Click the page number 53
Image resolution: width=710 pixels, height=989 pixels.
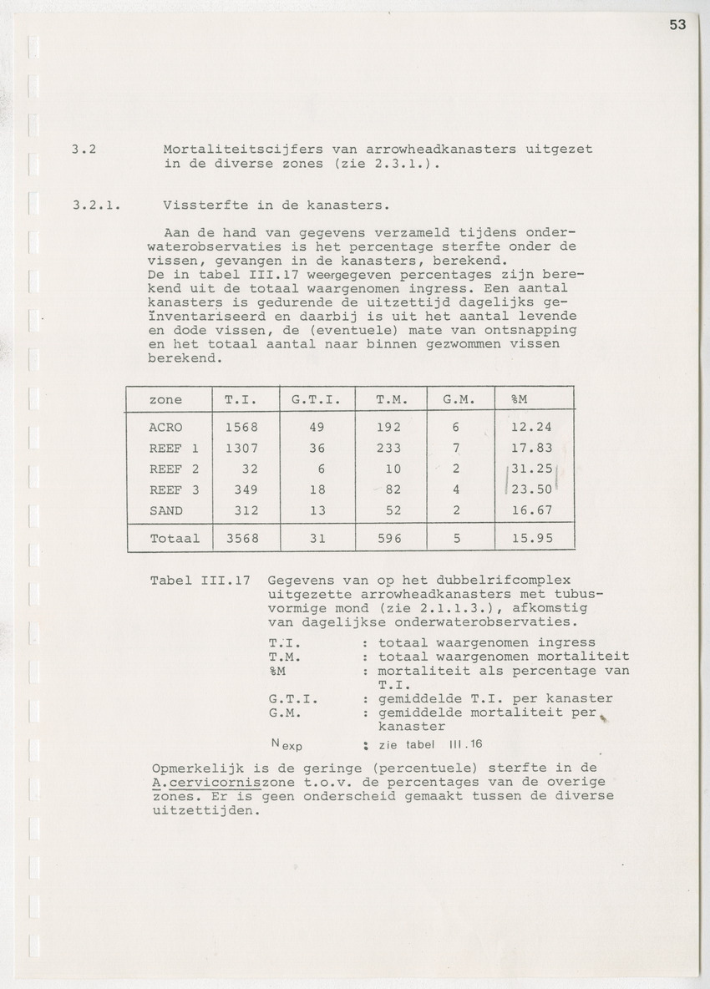click(x=677, y=25)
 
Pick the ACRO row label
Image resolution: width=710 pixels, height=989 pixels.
click(x=165, y=427)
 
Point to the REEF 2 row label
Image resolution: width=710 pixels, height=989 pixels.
click(x=174, y=469)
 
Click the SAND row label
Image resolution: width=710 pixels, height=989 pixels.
click(x=165, y=510)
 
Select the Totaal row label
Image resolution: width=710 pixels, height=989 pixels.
click(x=175, y=539)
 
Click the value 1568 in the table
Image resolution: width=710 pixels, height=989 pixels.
click(x=241, y=427)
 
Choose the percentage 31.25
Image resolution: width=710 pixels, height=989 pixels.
click(x=531, y=469)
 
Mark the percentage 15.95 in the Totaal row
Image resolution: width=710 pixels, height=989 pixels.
click(x=531, y=539)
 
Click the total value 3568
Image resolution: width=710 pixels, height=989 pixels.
click(x=241, y=539)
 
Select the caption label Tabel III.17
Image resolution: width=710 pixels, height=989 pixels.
click(x=200, y=580)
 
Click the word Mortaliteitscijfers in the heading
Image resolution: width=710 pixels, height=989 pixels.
click(x=237, y=149)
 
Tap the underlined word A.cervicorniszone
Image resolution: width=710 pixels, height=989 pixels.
click(x=216, y=783)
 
